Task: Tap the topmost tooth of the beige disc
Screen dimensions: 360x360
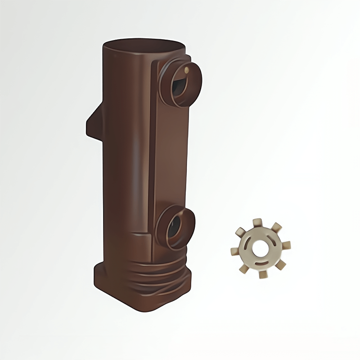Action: [257, 222]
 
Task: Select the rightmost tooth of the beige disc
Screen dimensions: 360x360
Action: [286, 245]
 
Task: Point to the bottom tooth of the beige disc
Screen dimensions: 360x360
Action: [263, 274]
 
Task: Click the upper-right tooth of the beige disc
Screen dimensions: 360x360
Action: [276, 227]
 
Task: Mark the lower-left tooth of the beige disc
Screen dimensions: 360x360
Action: [243, 268]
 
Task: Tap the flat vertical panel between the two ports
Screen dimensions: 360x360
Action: [169, 153]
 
